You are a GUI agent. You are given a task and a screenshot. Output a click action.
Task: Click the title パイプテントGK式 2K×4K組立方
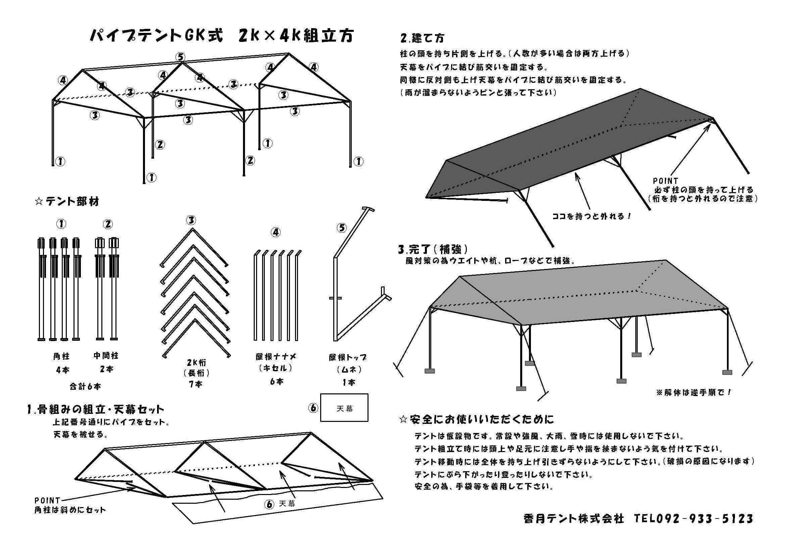pyautogui.click(x=222, y=36)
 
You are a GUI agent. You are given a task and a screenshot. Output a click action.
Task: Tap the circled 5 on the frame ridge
pyautogui.click(x=180, y=57)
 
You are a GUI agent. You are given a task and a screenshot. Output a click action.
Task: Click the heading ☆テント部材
pyautogui.click(x=67, y=202)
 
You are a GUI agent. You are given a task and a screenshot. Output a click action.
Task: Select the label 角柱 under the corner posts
pyautogui.click(x=61, y=356)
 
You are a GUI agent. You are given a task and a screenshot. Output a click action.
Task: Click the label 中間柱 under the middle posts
pyautogui.click(x=106, y=355)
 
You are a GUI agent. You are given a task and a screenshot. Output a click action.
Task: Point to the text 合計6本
pyautogui.click(x=85, y=387)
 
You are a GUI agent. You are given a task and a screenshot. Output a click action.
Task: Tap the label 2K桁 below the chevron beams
pyautogui.click(x=196, y=362)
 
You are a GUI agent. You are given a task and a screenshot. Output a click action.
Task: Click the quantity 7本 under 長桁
pyautogui.click(x=196, y=384)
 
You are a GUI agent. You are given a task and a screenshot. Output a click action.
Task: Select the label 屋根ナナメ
pyautogui.click(x=276, y=356)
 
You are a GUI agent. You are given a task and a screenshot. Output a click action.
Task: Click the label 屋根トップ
pyautogui.click(x=348, y=358)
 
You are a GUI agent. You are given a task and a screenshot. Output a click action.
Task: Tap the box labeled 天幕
pyautogui.click(x=344, y=407)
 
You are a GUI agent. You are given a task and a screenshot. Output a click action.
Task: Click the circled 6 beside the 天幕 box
pyautogui.click(x=313, y=408)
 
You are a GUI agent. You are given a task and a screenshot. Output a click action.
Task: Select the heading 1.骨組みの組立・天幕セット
pyautogui.click(x=96, y=409)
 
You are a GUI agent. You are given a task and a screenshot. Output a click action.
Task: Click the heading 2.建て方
pyautogui.click(x=422, y=38)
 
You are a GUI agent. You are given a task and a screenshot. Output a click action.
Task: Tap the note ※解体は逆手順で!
pyautogui.click(x=694, y=392)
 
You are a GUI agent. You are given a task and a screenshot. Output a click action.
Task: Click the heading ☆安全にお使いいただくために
pyautogui.click(x=477, y=419)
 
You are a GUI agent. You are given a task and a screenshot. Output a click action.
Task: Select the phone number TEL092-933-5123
pyautogui.click(x=694, y=518)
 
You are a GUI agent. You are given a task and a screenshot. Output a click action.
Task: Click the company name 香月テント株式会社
pyautogui.click(x=574, y=518)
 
